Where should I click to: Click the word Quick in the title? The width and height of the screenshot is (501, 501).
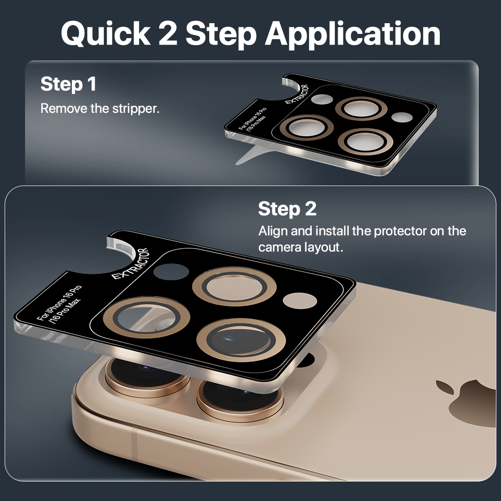click(106, 33)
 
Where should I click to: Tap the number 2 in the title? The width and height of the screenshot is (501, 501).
click(168, 33)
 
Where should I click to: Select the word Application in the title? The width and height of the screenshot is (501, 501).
click(353, 34)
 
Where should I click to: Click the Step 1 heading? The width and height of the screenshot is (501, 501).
click(68, 84)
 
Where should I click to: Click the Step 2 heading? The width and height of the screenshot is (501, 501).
click(287, 209)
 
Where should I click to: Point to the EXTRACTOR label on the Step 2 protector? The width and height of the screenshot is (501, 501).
click(130, 264)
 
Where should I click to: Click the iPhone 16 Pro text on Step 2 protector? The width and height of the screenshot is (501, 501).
click(59, 302)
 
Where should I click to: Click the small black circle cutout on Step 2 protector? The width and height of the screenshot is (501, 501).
click(171, 271)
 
